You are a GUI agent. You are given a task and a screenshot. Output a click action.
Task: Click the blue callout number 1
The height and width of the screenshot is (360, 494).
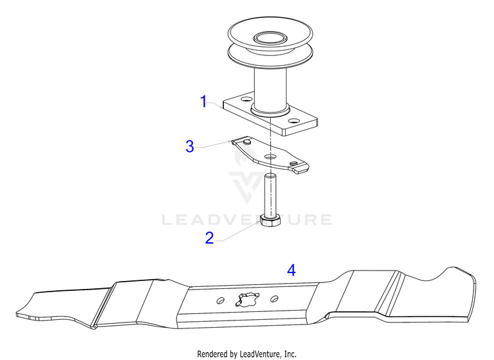[x=204, y=101]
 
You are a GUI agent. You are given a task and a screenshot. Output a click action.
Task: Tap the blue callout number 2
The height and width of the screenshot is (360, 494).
[x=209, y=238]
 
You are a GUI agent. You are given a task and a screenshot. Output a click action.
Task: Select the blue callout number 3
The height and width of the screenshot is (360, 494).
[x=190, y=146]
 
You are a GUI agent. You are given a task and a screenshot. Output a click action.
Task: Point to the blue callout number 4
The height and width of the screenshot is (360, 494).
[x=291, y=270]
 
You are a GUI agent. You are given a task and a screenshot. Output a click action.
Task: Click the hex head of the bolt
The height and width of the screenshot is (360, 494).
[x=270, y=220]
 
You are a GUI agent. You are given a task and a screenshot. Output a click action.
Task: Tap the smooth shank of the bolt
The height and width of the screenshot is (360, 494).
[x=270, y=195]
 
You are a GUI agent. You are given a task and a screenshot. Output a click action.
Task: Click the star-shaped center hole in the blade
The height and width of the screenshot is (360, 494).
[x=247, y=299]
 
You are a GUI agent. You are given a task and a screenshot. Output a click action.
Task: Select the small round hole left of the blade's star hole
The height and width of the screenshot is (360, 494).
[x=221, y=300]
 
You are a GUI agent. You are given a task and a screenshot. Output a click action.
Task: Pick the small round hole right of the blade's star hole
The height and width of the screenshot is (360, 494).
[x=275, y=298]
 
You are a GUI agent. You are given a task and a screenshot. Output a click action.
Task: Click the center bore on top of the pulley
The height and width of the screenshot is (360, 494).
[x=270, y=39]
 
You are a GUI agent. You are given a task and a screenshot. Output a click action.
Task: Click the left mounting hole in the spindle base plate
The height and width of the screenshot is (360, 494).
[x=246, y=100]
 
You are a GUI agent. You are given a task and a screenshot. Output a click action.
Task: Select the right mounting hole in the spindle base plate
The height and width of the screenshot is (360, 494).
[x=294, y=121]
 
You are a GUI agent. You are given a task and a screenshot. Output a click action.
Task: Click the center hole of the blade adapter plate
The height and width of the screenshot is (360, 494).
[x=269, y=157]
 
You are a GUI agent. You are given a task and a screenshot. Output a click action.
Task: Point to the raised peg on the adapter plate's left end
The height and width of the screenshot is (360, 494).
[x=247, y=142]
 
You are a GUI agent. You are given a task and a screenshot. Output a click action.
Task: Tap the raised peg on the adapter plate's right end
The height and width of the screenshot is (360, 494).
[x=294, y=163]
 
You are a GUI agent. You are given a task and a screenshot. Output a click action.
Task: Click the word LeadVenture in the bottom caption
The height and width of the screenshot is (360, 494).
[x=260, y=354]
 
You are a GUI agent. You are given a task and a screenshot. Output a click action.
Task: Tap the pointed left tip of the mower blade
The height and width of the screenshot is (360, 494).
[x=18, y=314]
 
